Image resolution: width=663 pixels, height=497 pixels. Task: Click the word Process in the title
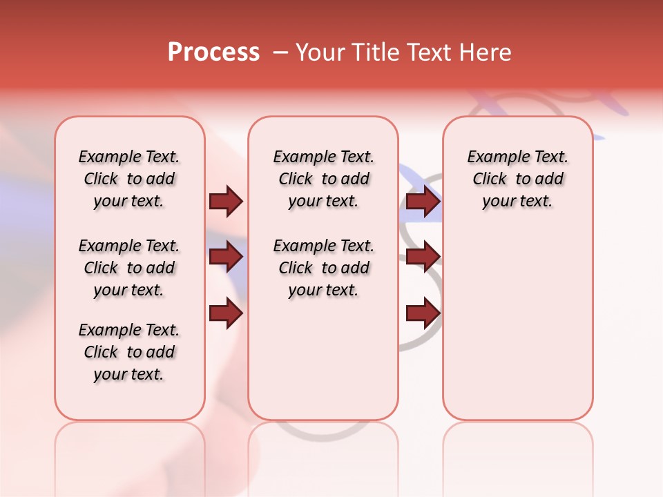pos(213,52)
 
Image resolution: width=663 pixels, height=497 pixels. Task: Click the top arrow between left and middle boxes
pos(226,201)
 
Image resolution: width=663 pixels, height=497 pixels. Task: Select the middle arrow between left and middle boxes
pos(226,257)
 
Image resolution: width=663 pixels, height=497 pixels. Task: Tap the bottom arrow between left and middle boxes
pos(226,314)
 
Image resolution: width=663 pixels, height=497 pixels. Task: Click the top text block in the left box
pos(129,179)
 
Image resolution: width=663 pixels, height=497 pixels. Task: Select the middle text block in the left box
pos(129,268)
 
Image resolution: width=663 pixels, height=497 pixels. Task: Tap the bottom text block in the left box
pos(129,352)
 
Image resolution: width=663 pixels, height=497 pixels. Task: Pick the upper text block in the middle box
pos(323,179)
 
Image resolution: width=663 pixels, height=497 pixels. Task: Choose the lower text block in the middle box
pos(323,268)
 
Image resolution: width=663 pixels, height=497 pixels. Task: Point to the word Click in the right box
pos(490,179)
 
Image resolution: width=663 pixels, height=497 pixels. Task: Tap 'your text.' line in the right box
pos(517,202)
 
